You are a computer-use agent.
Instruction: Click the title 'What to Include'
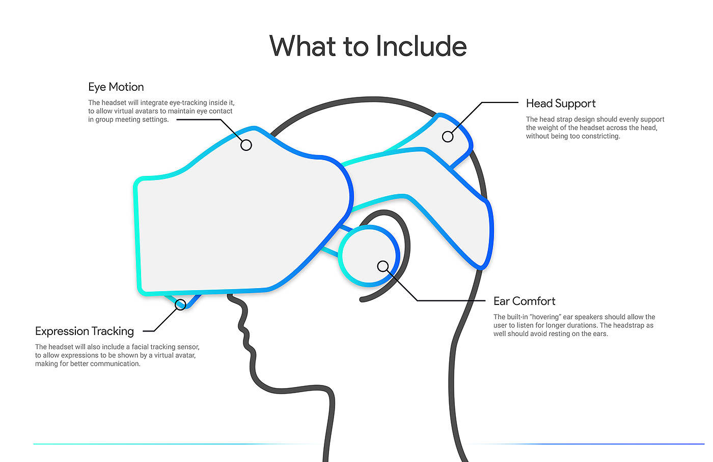click(368, 46)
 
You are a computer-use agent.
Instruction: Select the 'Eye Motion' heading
click(116, 87)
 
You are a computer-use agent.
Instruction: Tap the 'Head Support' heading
click(561, 104)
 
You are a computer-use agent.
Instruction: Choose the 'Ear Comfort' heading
click(524, 301)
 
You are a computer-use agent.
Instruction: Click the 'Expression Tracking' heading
click(85, 331)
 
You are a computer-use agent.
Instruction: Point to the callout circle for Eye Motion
click(246, 145)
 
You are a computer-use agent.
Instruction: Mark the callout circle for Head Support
click(448, 137)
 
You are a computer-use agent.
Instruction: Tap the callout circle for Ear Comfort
click(382, 266)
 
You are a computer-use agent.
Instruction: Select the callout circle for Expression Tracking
click(180, 304)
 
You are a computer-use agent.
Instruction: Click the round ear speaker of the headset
click(369, 256)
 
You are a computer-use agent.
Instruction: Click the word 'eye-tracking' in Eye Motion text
click(188, 102)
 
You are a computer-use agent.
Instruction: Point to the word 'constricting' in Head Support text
click(601, 136)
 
